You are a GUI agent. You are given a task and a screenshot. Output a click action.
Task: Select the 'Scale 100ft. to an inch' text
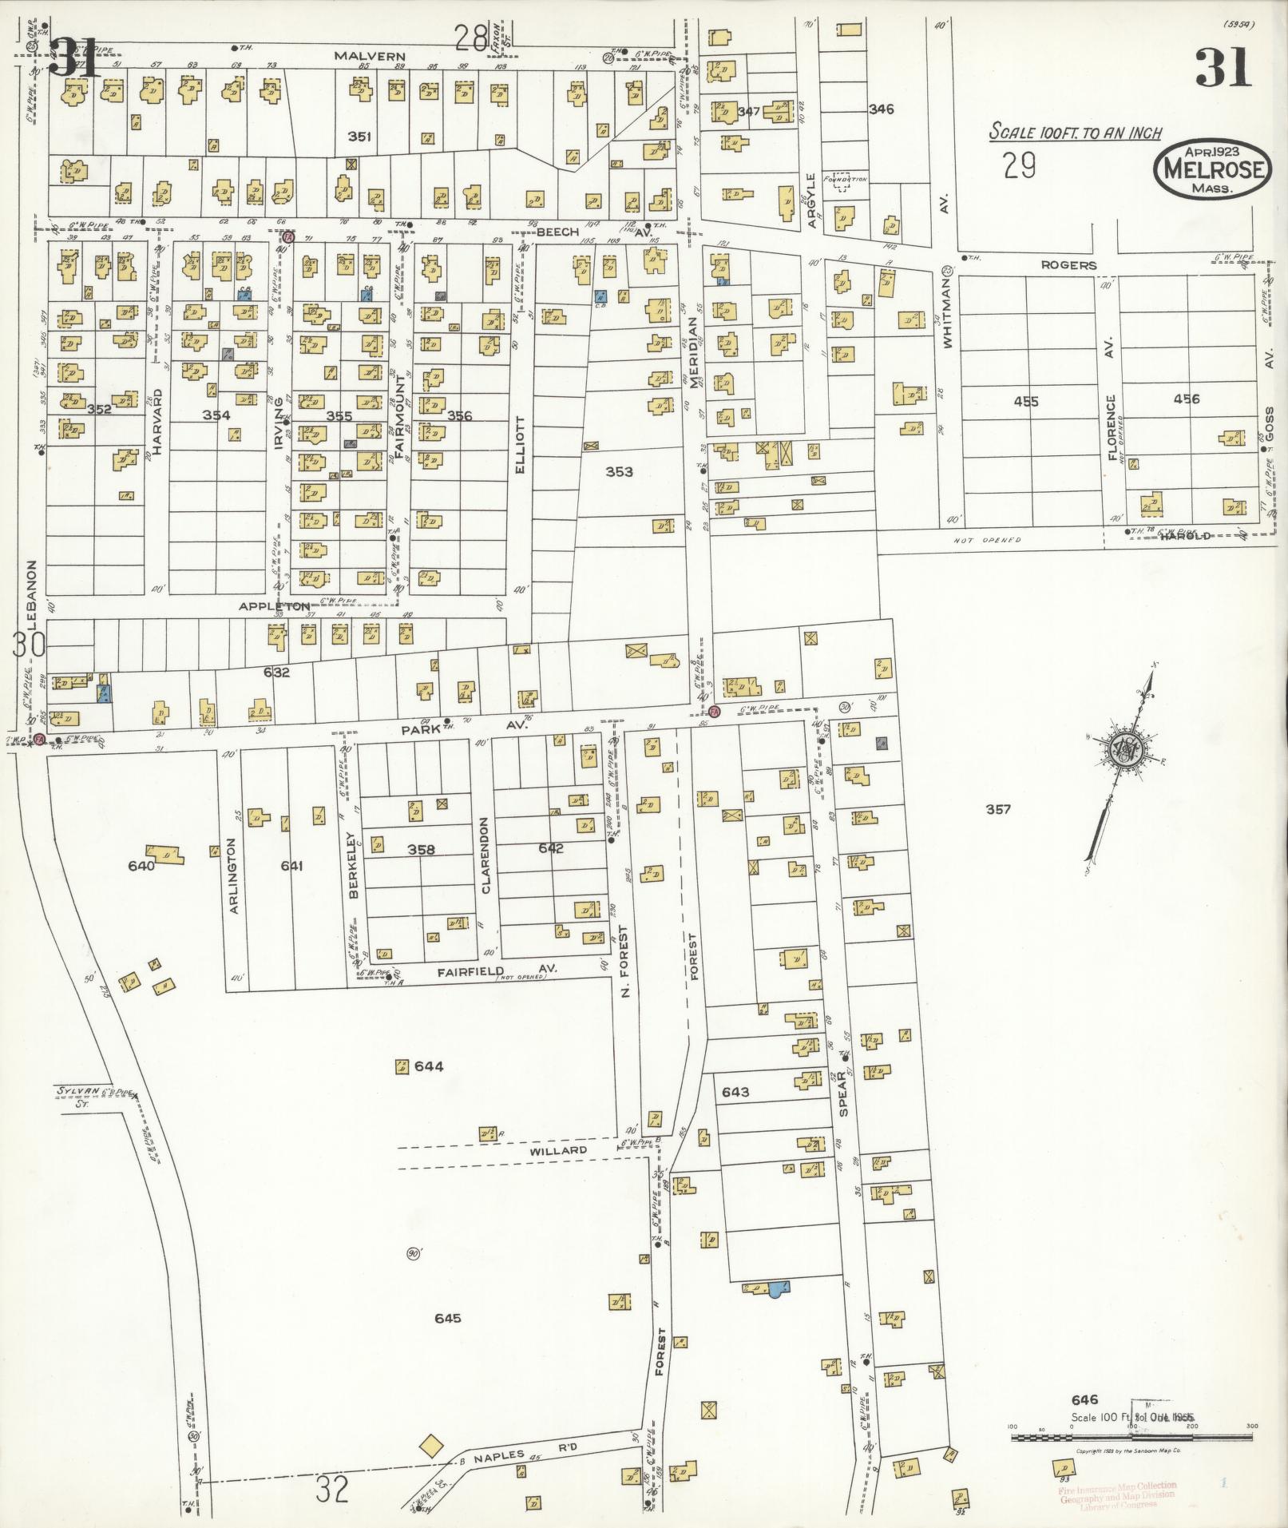point(1075,133)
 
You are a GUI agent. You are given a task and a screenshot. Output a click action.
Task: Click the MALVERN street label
point(359,57)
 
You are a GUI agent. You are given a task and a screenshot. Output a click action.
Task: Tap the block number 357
point(997,809)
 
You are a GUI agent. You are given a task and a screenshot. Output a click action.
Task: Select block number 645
point(448,1318)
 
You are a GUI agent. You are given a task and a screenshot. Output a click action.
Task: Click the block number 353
point(618,472)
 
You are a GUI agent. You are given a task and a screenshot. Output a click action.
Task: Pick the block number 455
point(1025,401)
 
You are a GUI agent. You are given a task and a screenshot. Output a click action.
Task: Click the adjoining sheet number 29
point(1020,166)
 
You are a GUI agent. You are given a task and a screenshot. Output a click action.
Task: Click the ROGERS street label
point(1068,265)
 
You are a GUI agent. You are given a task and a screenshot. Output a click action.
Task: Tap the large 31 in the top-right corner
point(1222,67)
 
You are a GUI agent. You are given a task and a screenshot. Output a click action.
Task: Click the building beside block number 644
point(402,1066)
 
